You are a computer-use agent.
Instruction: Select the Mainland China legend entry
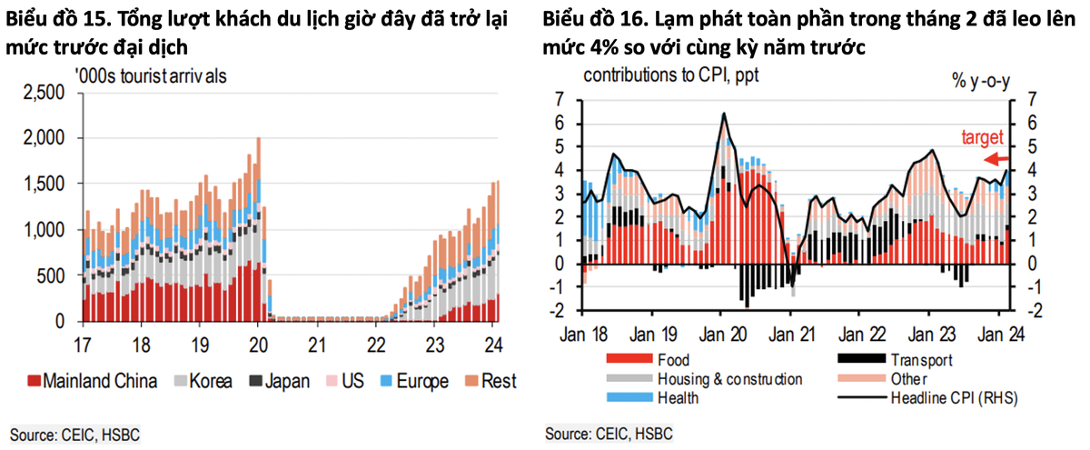[92, 381]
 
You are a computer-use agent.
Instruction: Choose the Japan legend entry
[277, 381]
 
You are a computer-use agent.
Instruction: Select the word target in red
[982, 138]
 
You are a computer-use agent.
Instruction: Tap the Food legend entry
[673, 359]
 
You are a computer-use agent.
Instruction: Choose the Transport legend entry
[922, 359]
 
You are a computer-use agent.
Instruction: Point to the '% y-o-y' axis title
[982, 80]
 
